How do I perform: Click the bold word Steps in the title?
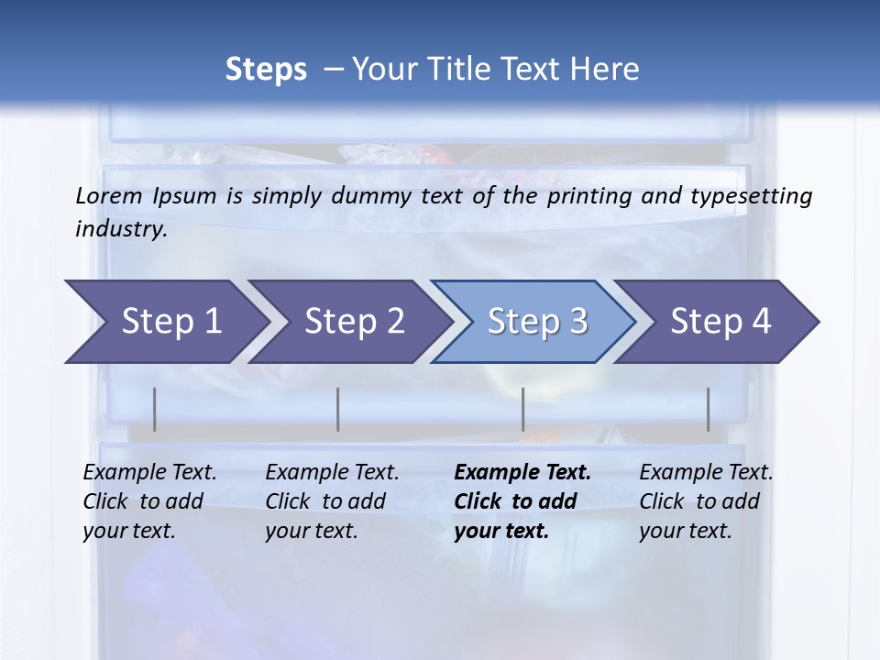pos(266,70)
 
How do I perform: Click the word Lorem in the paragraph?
pos(108,195)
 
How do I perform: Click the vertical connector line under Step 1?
pos(155,409)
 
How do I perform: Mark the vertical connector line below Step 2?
pos(338,409)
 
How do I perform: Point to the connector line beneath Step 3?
pos(523,409)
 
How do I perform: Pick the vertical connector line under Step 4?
pos(709,409)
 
